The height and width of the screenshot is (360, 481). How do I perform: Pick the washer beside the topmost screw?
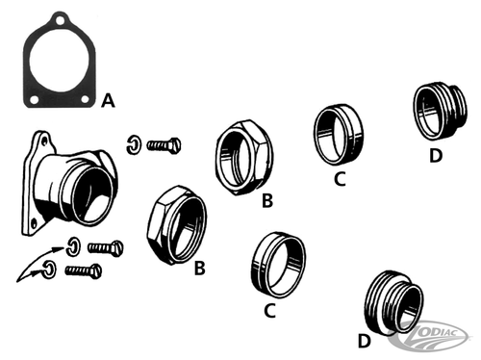[x=135, y=146]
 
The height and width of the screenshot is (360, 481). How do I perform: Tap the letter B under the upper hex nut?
[x=267, y=199]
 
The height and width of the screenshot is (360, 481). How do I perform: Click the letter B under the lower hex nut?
[x=199, y=269]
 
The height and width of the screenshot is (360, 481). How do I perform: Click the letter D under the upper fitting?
[x=436, y=156]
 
